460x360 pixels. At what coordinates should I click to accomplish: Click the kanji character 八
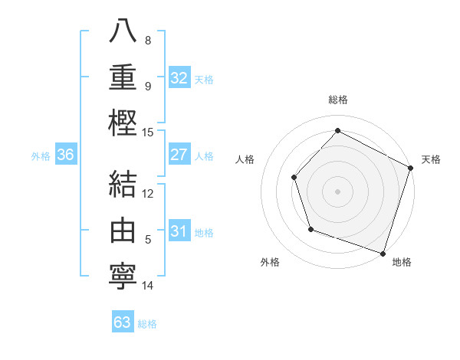pos(123,31)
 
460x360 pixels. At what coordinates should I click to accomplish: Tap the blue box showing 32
pos(179,78)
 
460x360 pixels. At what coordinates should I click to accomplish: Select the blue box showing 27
pos(179,155)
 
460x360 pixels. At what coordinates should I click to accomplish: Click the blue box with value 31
pos(179,231)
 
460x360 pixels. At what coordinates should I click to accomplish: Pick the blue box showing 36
pos(66,155)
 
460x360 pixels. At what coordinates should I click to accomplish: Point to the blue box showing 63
pos(123,322)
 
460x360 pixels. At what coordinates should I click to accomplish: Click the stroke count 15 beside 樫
pos(148,133)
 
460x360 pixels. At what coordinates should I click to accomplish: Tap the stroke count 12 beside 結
pos(148,193)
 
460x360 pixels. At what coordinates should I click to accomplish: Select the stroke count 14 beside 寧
pos(148,286)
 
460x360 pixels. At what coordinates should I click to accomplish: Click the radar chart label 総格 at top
pos(337,100)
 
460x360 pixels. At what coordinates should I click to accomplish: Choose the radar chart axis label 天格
pos(431,159)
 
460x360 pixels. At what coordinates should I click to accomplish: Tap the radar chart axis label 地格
pos(402,263)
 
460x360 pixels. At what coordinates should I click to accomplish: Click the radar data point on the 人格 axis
pos(294,178)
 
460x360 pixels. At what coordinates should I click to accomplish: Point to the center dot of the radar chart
pos(337,191)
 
